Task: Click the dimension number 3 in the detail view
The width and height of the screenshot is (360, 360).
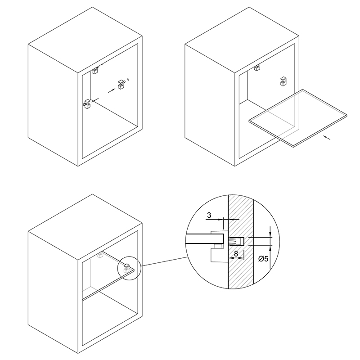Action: point(209,215)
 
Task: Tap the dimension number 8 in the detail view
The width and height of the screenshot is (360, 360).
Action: point(236,254)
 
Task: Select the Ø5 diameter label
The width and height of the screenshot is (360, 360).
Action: point(263,259)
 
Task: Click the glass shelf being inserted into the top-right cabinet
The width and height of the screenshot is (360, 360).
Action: point(298,118)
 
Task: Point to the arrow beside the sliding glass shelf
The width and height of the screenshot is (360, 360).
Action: point(327,138)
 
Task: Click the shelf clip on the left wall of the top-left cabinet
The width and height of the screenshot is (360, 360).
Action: point(87,104)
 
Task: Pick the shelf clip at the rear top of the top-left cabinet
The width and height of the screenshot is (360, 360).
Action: point(95,71)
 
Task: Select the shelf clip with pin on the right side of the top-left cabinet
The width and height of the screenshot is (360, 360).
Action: point(121,84)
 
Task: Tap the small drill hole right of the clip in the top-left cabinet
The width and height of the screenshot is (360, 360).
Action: point(128,80)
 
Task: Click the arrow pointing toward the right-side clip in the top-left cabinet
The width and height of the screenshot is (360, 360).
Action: point(112,90)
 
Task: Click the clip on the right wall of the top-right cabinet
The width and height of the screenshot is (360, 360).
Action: point(283,81)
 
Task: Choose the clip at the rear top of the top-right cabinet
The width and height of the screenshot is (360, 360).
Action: point(257,67)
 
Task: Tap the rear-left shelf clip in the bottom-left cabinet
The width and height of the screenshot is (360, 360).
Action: point(100,255)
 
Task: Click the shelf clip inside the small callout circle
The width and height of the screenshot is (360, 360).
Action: point(126,267)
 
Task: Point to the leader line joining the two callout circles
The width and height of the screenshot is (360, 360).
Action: point(164,261)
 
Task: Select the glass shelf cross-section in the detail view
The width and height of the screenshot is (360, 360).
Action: point(205,239)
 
